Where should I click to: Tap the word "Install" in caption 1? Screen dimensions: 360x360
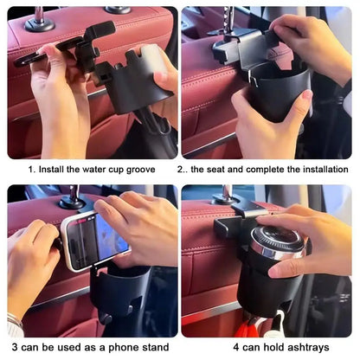[52, 170]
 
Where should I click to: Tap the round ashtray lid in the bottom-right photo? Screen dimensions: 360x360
[277, 242]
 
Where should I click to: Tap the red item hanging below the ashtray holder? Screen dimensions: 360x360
[254, 327]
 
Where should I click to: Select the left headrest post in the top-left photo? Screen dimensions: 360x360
[38, 17]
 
